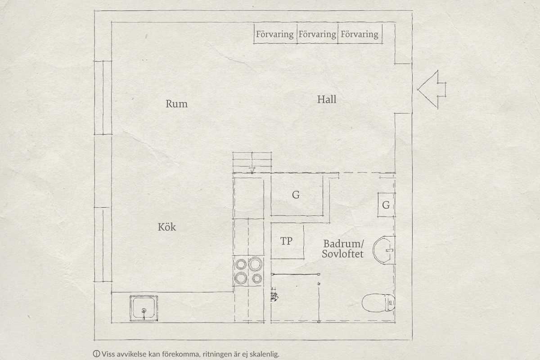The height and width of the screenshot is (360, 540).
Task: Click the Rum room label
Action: pyautogui.click(x=176, y=104)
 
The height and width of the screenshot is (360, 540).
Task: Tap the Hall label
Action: pyautogui.click(x=327, y=99)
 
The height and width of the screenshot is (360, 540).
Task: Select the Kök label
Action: pyautogui.click(x=167, y=227)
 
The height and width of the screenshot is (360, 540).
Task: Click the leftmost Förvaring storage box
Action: pyautogui.click(x=275, y=34)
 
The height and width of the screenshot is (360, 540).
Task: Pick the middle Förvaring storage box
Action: pyautogui.click(x=317, y=34)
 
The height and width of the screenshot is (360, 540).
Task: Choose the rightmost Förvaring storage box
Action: pyautogui.click(x=360, y=34)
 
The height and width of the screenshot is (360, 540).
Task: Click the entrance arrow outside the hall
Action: pyautogui.click(x=432, y=90)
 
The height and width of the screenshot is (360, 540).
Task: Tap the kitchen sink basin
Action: pyautogui.click(x=144, y=308)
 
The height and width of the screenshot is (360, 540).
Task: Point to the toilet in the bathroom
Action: pyautogui.click(x=378, y=303)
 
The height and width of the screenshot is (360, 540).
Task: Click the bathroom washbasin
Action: pyautogui.click(x=384, y=250)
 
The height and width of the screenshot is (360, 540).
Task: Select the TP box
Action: pyautogui.click(x=287, y=241)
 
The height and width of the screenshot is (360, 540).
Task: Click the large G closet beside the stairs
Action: pyautogui.click(x=297, y=195)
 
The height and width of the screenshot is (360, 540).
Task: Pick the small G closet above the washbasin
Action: pyautogui.click(x=386, y=205)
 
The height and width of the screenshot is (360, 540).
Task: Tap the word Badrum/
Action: pyautogui.click(x=343, y=244)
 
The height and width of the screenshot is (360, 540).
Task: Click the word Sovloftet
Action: pyautogui.click(x=342, y=254)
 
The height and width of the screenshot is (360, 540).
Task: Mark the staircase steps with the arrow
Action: pyautogui.click(x=252, y=163)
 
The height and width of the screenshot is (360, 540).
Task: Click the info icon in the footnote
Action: pyautogui.click(x=96, y=354)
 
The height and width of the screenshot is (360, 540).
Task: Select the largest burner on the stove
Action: pyautogui.click(x=255, y=264)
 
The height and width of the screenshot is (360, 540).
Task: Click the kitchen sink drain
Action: pyautogui.click(x=144, y=310)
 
